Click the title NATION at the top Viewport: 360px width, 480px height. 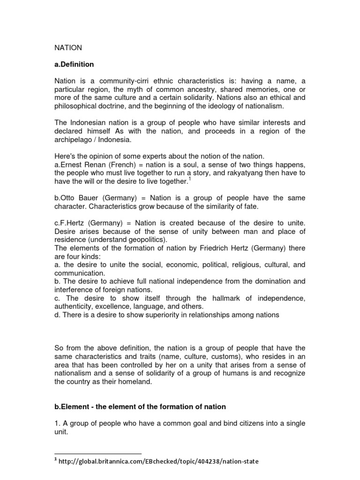[x=68, y=47]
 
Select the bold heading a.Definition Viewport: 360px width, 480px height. [x=75, y=64]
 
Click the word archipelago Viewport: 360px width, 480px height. [x=75, y=140]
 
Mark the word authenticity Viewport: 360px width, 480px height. [x=75, y=307]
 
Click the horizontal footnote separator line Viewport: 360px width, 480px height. [x=98, y=453]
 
